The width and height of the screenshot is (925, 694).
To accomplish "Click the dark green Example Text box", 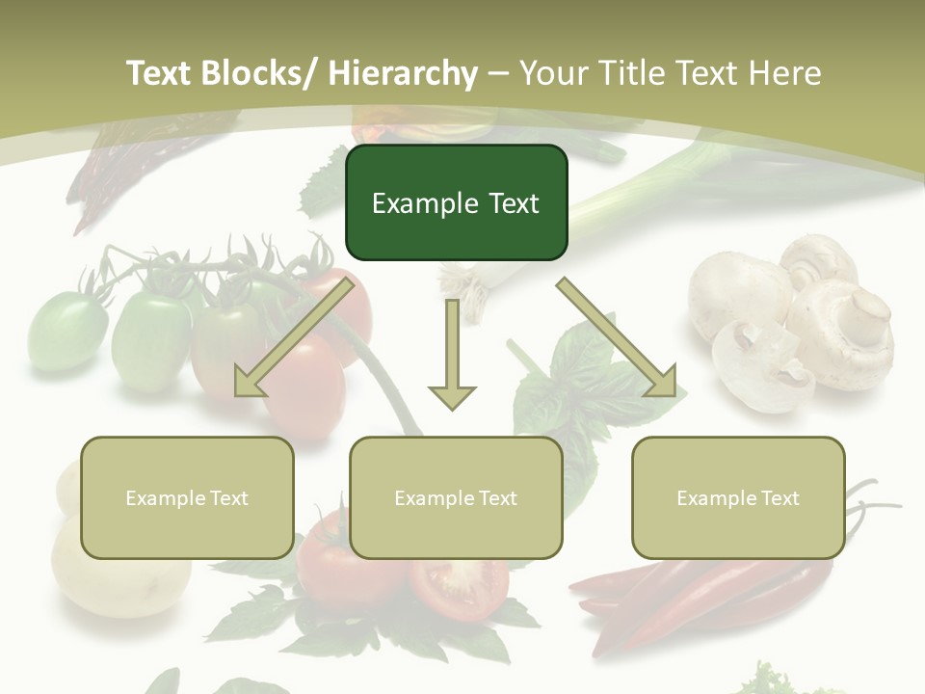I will coord(456,202).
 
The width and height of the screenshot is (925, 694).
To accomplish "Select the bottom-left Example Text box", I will coord(187,497).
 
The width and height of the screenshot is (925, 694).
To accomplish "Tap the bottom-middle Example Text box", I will coord(456,497).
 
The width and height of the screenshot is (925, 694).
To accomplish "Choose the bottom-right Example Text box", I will coord(738,497).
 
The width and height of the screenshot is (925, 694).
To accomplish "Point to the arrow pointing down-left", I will coord(294,337).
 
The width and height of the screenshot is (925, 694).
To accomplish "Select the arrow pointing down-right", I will coord(617,337).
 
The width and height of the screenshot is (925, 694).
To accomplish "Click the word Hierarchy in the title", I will coord(403,73).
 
